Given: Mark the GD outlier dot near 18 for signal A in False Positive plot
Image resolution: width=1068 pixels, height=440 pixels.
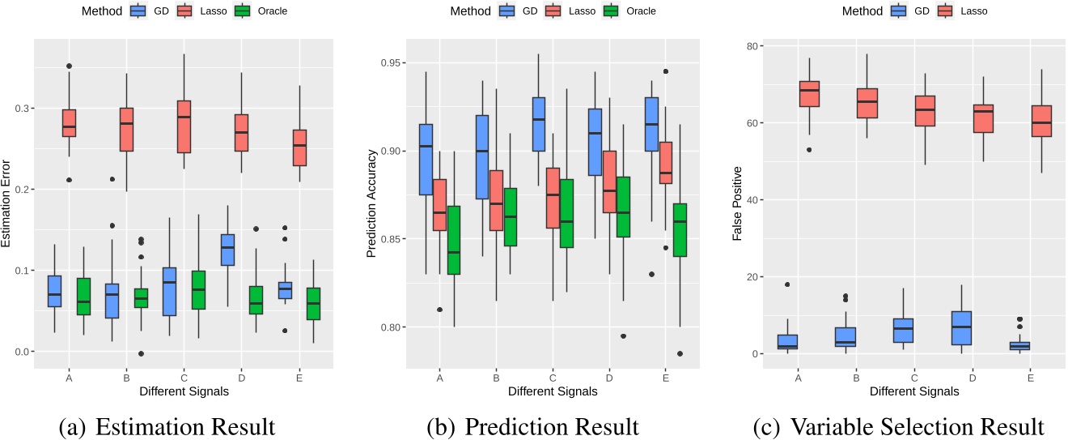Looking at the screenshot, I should tap(786, 284).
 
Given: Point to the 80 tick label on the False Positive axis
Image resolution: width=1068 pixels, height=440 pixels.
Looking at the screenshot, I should tap(752, 46).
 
